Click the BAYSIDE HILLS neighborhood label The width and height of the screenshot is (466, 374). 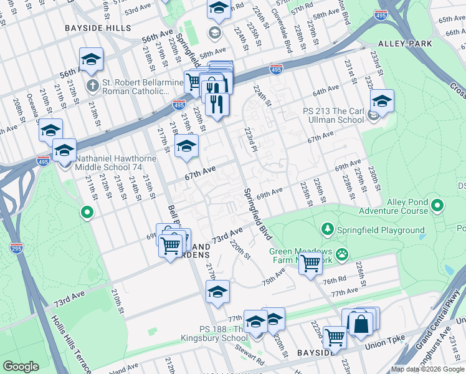98,28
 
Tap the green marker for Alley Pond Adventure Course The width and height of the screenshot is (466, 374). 438,204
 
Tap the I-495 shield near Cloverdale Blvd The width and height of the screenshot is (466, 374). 276,69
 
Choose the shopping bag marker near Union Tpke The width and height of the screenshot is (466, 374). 360,324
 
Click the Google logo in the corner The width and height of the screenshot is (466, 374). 21,367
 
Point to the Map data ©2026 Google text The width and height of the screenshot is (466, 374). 427,369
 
